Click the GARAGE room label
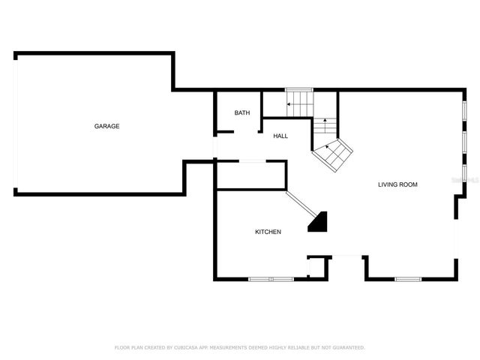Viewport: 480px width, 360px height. coord(106,126)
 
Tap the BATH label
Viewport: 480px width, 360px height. coord(242,113)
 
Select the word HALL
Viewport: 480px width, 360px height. coord(280,136)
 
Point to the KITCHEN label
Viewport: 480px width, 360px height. coord(268,232)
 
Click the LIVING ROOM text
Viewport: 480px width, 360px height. coord(397,184)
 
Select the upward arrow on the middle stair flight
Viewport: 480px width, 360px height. coord(325,120)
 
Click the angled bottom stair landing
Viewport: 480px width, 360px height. coord(333,154)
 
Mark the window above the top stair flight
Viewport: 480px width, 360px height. coord(298,90)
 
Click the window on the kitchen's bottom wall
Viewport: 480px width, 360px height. coord(271,279)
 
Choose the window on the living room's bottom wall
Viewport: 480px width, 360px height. coord(408,279)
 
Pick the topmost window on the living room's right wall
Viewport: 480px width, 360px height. coord(464,110)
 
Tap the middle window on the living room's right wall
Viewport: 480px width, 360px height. coord(464,141)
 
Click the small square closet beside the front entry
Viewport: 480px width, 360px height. coord(318,268)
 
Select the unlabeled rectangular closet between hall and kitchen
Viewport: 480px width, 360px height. coord(250,175)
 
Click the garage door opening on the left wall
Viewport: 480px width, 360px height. coord(14,123)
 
